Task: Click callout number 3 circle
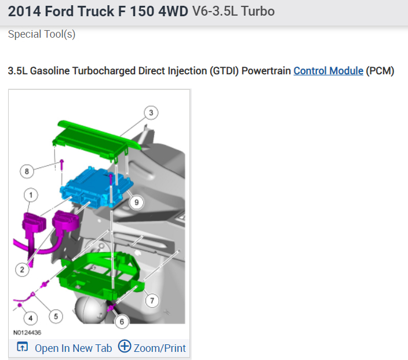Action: coord(151,112)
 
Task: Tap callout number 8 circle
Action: coord(27,171)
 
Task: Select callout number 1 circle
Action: coord(31,195)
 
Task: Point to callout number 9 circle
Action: coord(136,202)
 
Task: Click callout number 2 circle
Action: coord(22,270)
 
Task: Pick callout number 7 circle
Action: coord(152,301)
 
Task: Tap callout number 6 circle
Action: coord(122,322)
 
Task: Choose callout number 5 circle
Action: coord(56,317)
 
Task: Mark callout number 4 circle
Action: coord(31,318)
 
